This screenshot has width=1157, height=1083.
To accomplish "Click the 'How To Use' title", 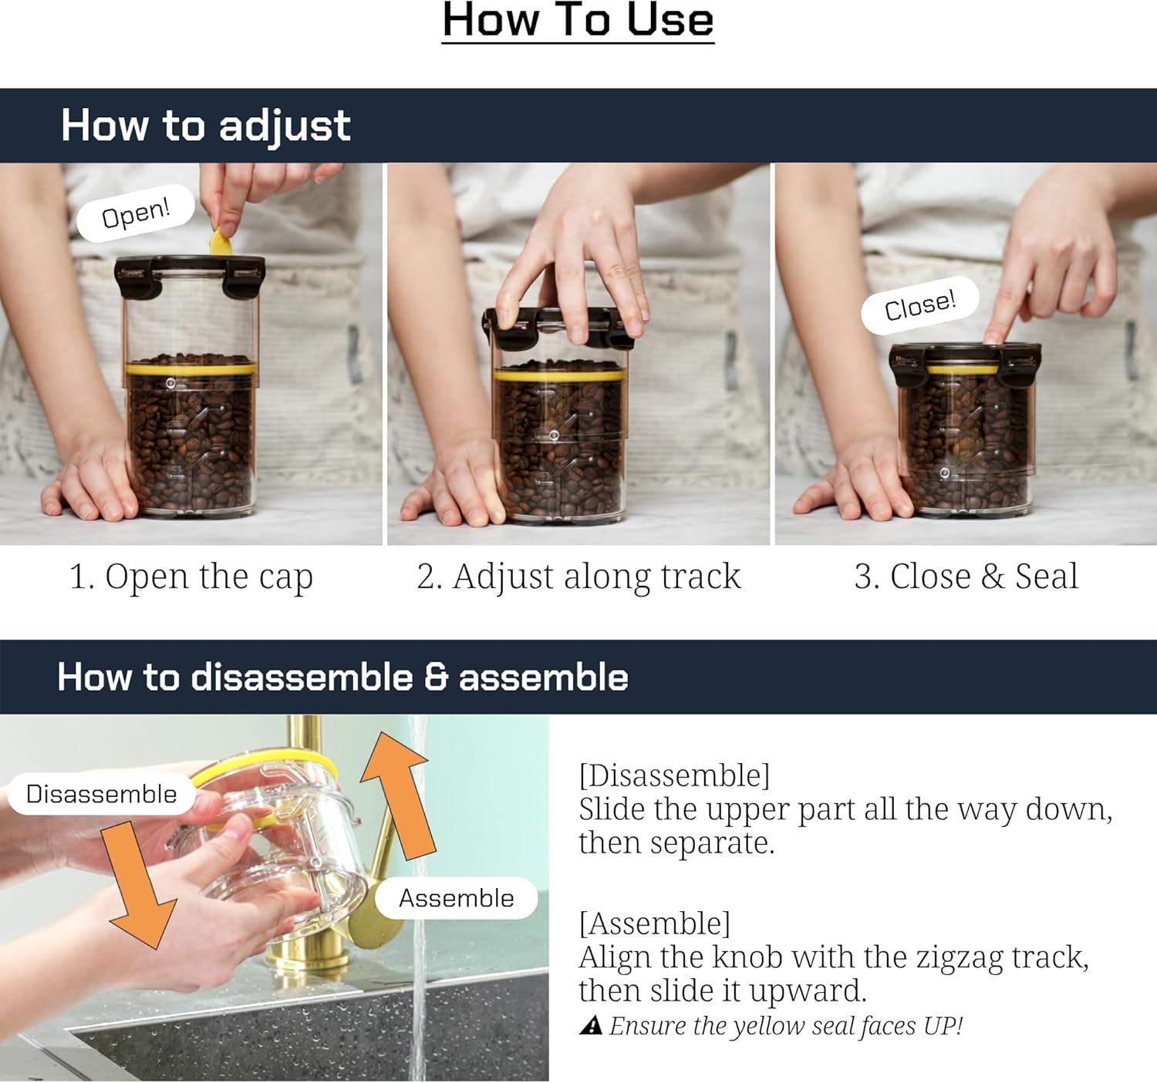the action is [578, 21].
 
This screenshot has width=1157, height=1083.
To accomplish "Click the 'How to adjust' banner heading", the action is [206, 126].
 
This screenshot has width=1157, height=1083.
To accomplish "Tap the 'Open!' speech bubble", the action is [136, 214].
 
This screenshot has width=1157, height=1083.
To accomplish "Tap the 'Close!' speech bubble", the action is [920, 306].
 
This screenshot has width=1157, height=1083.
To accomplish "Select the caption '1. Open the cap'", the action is [191, 577].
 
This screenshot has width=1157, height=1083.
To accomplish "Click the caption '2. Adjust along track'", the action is [578, 577].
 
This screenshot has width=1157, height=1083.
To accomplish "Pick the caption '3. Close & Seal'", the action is [966, 577].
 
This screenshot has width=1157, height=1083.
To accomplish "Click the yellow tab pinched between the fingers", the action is [220, 242].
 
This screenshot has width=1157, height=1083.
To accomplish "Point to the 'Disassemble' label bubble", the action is [101, 794].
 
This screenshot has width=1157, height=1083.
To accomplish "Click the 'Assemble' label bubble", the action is [456, 898].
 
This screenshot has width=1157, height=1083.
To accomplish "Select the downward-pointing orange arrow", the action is [142, 886].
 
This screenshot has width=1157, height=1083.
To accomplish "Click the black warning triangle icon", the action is [591, 1024].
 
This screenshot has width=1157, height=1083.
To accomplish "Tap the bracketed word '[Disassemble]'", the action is [674, 775].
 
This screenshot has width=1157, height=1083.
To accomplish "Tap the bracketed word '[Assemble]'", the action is [654, 923].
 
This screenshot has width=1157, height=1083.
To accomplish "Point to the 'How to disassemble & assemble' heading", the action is [342, 678].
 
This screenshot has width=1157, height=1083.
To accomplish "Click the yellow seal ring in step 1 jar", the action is [191, 368].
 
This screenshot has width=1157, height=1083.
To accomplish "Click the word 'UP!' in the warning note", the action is [943, 1025].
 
